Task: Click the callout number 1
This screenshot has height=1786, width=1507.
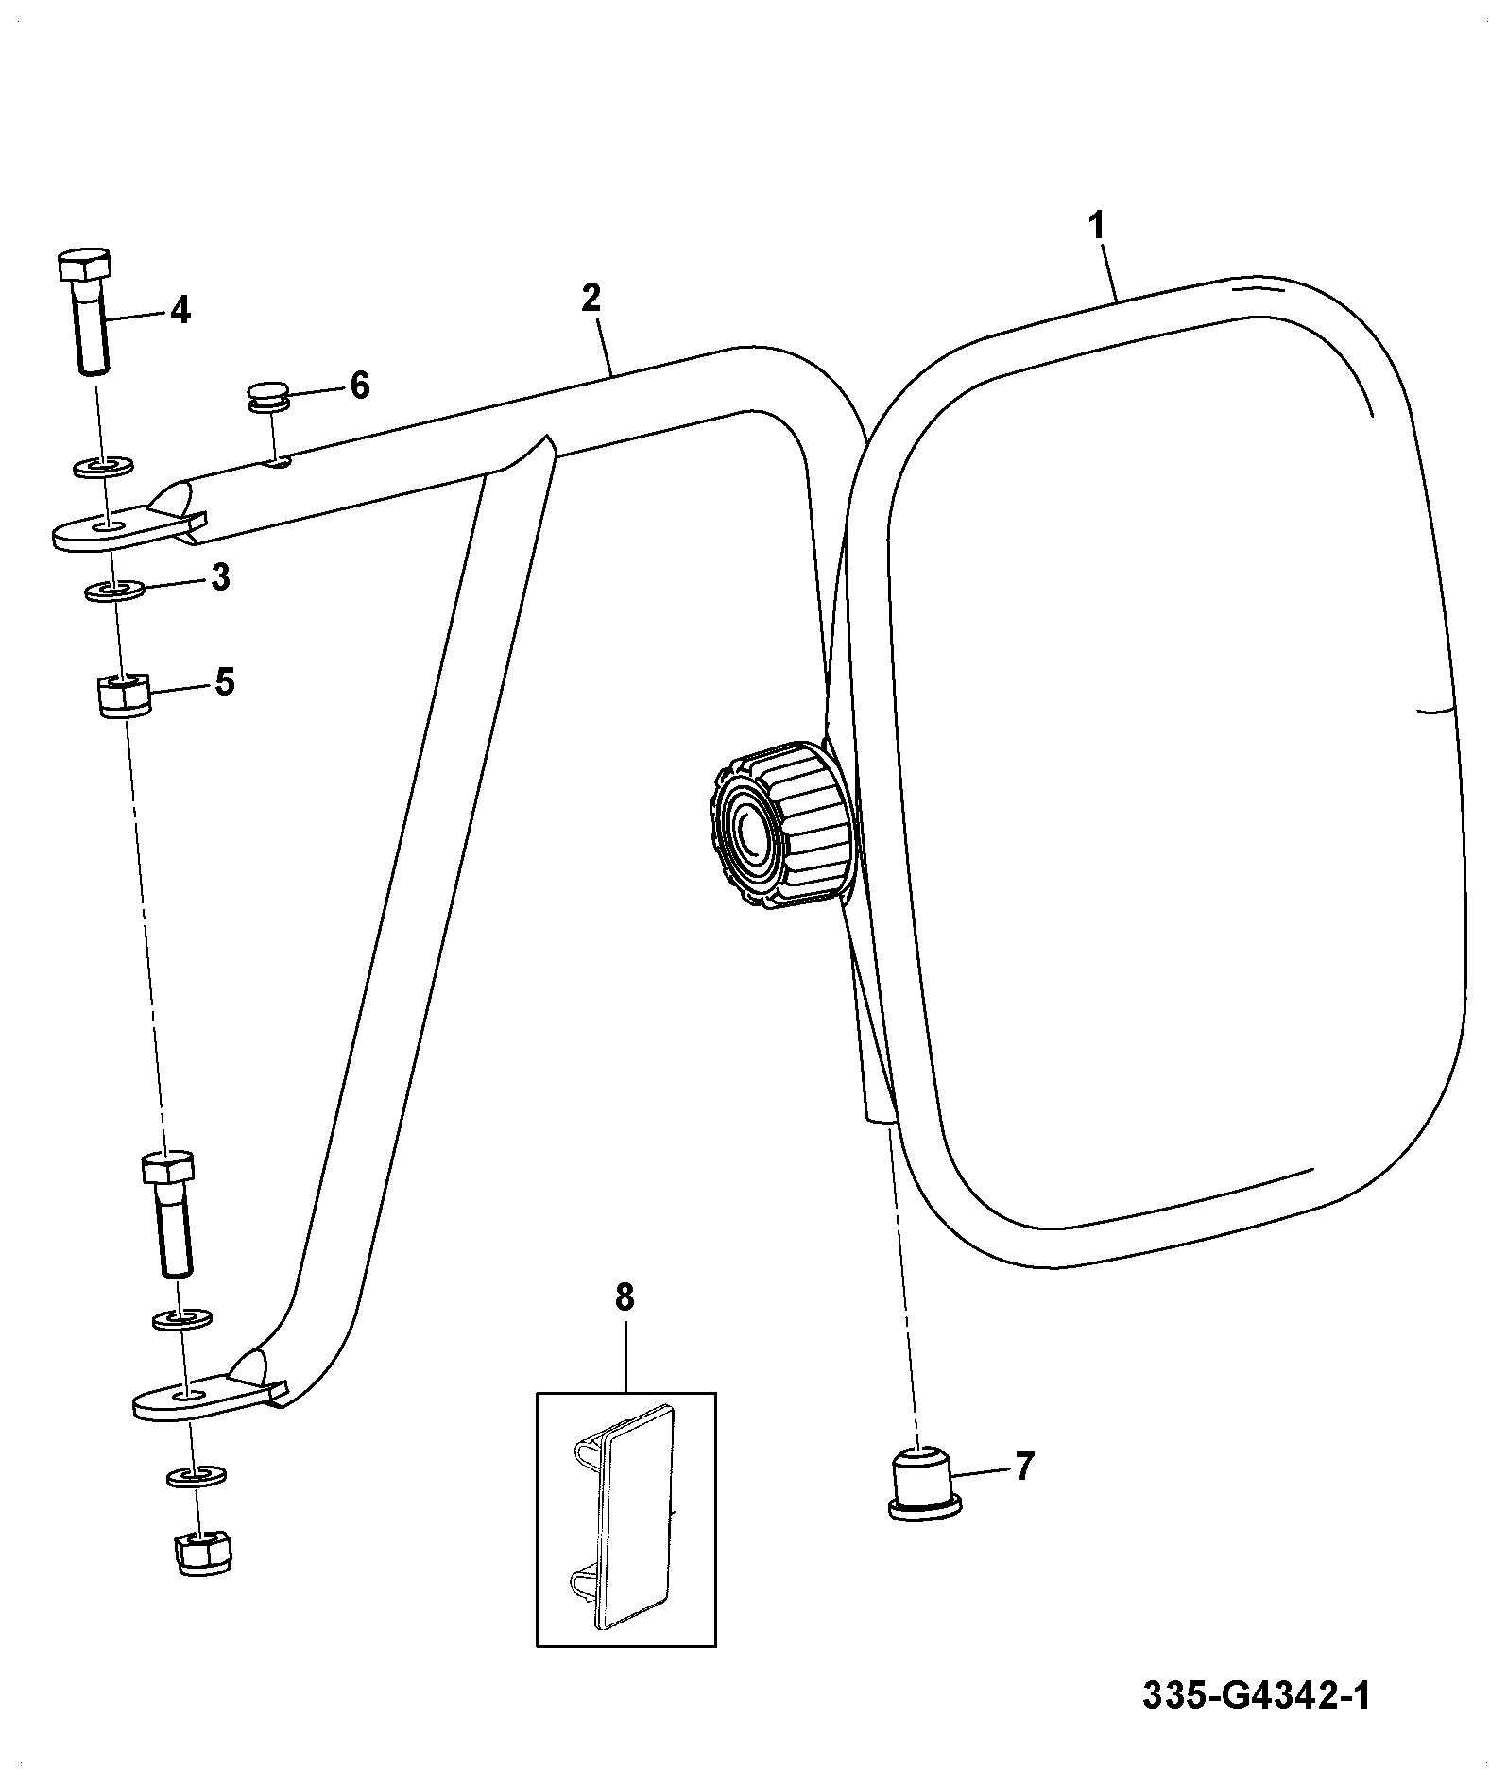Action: point(1096,227)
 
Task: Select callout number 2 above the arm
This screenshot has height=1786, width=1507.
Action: point(591,298)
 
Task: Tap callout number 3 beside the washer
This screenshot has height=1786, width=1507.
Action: point(220,577)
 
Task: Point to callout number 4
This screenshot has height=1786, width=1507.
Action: point(180,309)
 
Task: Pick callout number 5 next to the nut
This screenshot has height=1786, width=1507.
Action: point(224,681)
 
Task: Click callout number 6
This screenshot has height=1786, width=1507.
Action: point(360,386)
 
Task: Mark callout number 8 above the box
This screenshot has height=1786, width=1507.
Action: point(625,1297)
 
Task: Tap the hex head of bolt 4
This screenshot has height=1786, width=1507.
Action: point(85,266)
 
